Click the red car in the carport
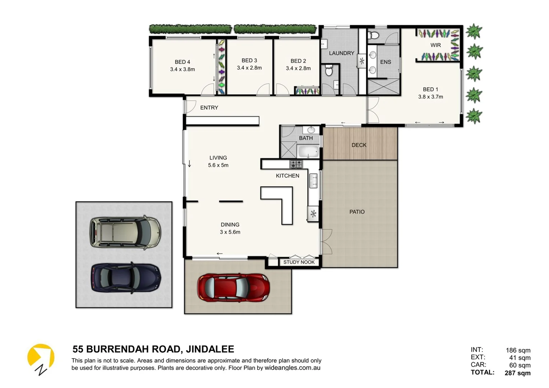pyautogui.click(x=233, y=287)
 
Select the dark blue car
pyautogui.click(x=126, y=278)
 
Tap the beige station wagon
pyautogui.click(x=125, y=233)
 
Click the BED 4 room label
pyautogui.click(x=183, y=62)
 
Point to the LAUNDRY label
pyautogui.click(x=341, y=53)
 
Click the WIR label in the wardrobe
pyautogui.click(x=435, y=45)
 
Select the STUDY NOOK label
pyautogui.click(x=299, y=262)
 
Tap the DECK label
pyautogui.click(x=359, y=145)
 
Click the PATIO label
pyautogui.click(x=357, y=212)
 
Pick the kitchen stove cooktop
pyautogui.click(x=296, y=164)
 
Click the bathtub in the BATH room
pyautogui.click(x=308, y=152)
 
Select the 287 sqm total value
pyautogui.click(x=517, y=373)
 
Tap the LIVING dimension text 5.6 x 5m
pyautogui.click(x=218, y=165)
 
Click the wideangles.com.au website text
pyautogui.click(x=292, y=368)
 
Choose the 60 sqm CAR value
pyautogui.click(x=520, y=365)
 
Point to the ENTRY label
pyautogui.click(x=209, y=108)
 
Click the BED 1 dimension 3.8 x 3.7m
pyautogui.click(x=430, y=97)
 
